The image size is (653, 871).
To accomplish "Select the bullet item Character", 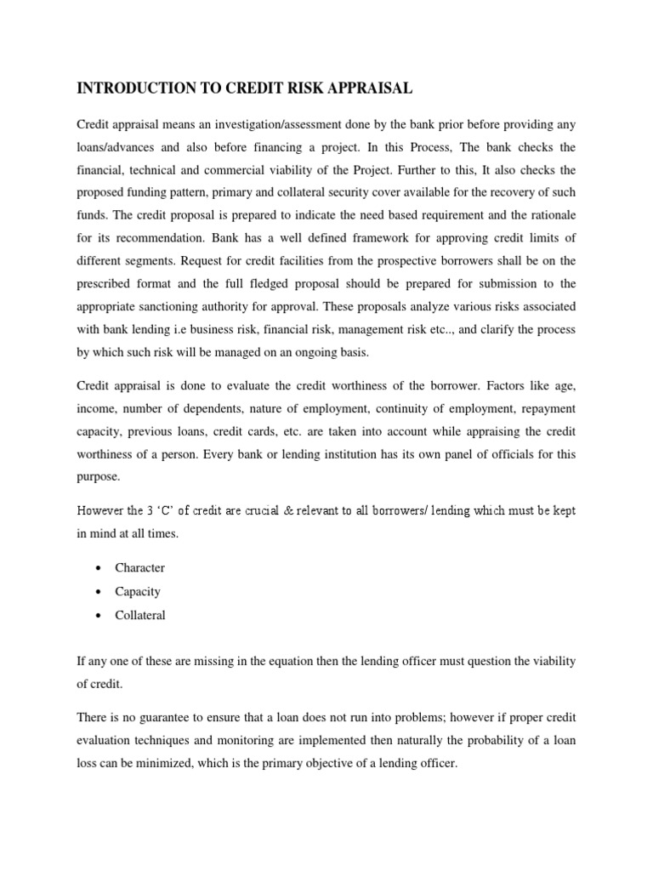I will [140, 567].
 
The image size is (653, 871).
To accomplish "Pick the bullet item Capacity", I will [138, 591].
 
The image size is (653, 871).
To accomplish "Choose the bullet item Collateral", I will [140, 615].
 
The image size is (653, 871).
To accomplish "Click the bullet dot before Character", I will [101, 568].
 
